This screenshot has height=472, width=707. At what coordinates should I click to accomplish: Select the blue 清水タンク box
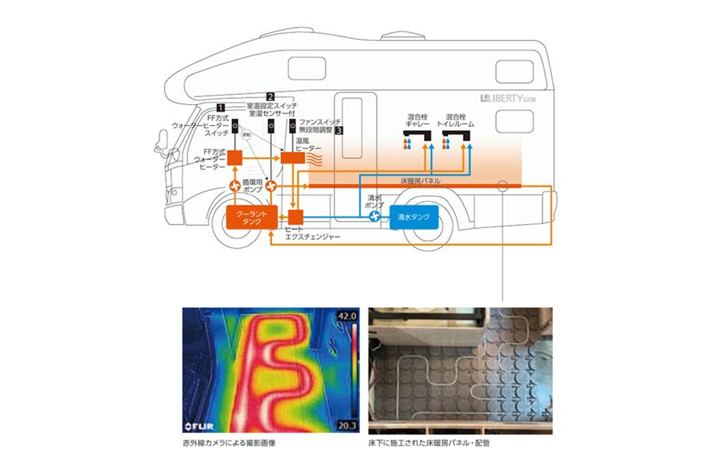(412, 217)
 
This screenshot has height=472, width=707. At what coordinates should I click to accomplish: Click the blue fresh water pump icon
(373, 217)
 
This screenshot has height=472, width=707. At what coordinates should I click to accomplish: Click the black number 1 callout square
(221, 106)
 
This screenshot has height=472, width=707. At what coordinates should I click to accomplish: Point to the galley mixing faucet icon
(416, 133)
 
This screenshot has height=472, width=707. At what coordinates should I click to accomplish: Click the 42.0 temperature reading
(348, 316)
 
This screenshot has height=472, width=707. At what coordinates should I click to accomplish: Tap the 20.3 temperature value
(348, 425)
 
